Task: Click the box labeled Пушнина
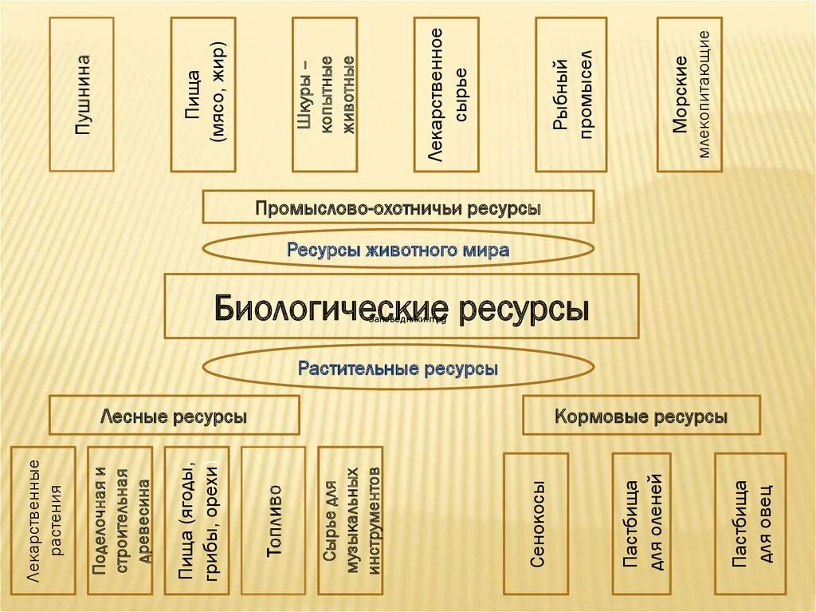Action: [82, 94]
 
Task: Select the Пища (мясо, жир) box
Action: [203, 94]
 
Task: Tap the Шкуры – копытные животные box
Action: [324, 94]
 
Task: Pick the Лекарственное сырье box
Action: [446, 94]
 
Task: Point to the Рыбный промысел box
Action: [567, 94]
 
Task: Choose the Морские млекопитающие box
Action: [689, 94]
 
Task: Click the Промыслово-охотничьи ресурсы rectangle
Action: [398, 207]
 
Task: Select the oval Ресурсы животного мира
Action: [398, 250]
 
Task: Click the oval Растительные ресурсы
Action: [398, 368]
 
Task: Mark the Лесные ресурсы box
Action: [175, 415]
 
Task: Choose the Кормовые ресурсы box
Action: [641, 415]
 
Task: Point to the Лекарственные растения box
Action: [44, 520]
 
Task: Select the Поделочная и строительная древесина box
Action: [120, 520]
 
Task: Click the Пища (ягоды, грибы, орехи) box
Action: [197, 520]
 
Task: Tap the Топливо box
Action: [273, 520]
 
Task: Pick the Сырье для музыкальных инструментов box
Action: [351, 520]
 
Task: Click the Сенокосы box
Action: [536, 523]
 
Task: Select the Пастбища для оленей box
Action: [641, 523]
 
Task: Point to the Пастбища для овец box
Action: [750, 523]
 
